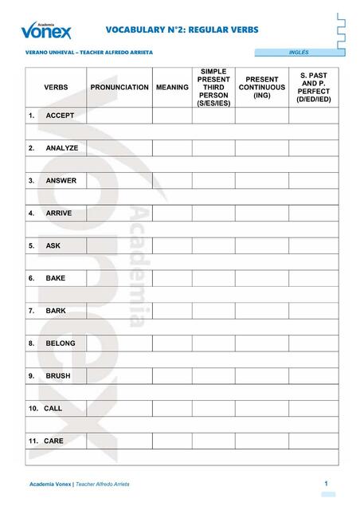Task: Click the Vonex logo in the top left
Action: click(46, 30)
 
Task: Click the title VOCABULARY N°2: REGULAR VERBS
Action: click(182, 29)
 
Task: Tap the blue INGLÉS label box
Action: click(299, 53)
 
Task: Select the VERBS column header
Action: click(56, 87)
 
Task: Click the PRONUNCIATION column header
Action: click(119, 87)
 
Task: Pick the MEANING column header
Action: click(172, 87)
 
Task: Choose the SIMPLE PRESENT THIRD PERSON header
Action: click(213, 87)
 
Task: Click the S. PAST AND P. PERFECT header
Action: click(313, 87)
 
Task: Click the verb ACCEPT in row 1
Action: click(60, 116)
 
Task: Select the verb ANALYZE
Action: click(61, 148)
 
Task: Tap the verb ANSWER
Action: click(61, 181)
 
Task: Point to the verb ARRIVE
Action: click(59, 214)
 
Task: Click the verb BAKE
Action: click(56, 278)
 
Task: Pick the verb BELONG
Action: click(61, 343)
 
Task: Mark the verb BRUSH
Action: click(58, 375)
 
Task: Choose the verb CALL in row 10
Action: click(53, 408)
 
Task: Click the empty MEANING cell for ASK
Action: click(172, 245)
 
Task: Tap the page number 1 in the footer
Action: click(327, 484)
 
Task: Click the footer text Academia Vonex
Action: click(50, 484)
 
